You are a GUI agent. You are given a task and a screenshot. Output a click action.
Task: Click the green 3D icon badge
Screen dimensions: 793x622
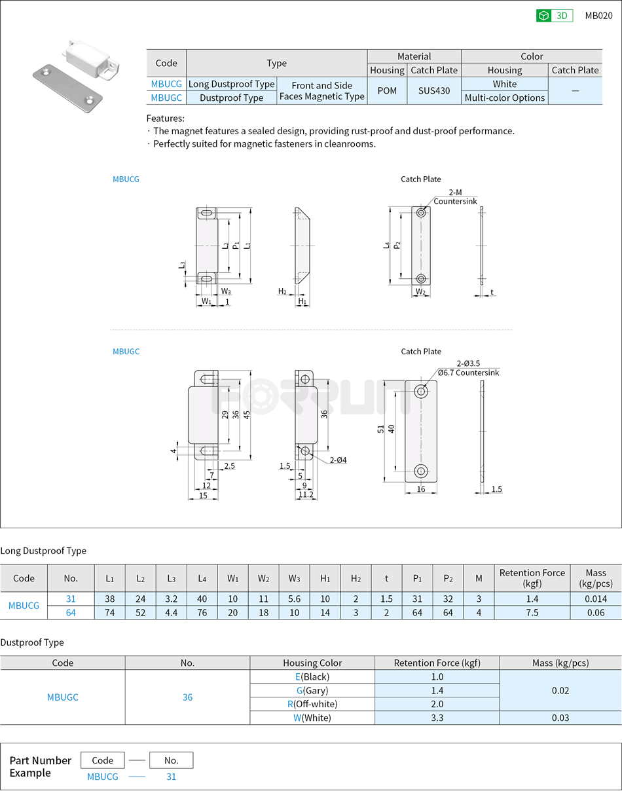coord(554,16)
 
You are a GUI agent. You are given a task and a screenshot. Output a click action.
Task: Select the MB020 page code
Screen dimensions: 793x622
coord(598,16)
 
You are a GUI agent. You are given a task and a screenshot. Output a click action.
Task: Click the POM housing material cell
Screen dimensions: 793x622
coord(387,91)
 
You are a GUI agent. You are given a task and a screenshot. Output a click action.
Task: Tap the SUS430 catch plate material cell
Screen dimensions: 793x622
coord(434,91)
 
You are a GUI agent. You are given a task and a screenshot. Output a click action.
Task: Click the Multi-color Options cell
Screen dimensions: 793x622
coord(504,98)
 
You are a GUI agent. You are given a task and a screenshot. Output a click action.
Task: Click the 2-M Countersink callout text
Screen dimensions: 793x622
coord(455,197)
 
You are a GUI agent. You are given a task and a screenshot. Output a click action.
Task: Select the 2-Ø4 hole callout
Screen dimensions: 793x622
coord(338,460)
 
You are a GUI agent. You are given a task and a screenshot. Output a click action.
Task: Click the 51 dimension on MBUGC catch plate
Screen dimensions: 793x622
coord(380,429)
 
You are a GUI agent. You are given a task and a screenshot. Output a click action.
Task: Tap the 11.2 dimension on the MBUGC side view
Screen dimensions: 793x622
coord(306,495)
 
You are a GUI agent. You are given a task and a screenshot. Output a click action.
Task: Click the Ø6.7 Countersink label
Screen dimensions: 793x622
coord(469,373)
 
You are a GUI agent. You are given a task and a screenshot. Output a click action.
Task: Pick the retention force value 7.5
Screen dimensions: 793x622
coord(532,612)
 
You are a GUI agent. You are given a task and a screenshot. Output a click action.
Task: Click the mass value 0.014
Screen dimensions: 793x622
coord(595,599)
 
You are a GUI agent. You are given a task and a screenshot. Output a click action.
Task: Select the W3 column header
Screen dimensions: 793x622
coord(294,578)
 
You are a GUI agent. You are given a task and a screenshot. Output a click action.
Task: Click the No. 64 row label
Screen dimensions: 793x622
coord(71,612)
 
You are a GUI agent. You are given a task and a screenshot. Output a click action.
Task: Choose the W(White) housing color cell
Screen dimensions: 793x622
coord(312,718)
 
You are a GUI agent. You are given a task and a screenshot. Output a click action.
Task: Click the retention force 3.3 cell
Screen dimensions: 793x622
coord(437,718)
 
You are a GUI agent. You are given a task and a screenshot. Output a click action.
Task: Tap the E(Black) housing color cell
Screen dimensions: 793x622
coord(312,676)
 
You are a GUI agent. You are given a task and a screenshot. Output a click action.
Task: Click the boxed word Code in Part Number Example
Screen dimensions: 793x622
coord(103,760)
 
